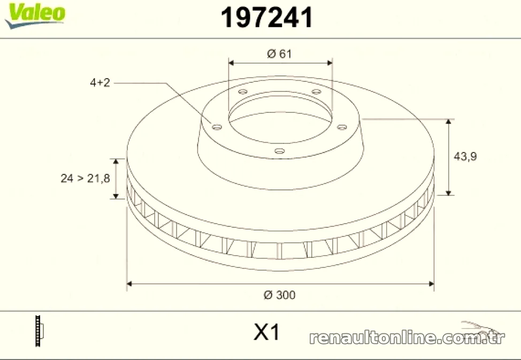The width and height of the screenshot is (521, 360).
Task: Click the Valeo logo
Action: [x=35, y=16]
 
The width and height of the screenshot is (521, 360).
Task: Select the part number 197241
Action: [x=267, y=18]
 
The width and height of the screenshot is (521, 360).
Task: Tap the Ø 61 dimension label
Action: [x=279, y=53]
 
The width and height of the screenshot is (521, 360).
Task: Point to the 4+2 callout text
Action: [x=99, y=82]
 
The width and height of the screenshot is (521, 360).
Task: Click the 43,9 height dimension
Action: [x=465, y=156]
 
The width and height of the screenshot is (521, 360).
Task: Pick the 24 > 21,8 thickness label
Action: [x=85, y=179]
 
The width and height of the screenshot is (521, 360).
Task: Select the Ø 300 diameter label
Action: [x=279, y=295]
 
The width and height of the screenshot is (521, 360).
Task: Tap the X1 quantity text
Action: [x=267, y=332]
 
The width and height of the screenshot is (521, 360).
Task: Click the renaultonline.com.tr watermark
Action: [x=407, y=338]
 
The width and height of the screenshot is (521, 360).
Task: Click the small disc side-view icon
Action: [x=39, y=331]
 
